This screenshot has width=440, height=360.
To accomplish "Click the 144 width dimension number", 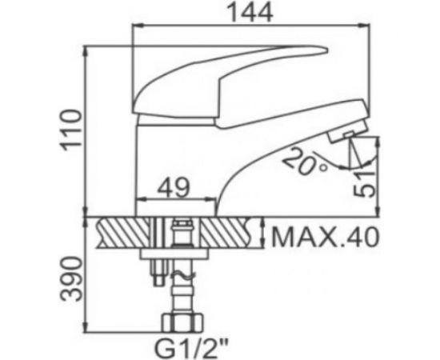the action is click(250, 13).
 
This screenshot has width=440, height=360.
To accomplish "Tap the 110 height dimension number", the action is click(71, 130).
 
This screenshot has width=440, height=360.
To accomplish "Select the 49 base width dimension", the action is click(174, 187).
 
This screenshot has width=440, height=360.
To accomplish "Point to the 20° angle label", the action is click(305, 162).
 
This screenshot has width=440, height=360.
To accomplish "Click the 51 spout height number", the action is click(364, 183).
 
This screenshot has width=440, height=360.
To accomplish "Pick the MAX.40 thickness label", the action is click(326, 238).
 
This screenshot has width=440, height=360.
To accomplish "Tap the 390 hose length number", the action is click(71, 279).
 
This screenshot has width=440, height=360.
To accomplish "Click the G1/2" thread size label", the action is click(191, 348).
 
